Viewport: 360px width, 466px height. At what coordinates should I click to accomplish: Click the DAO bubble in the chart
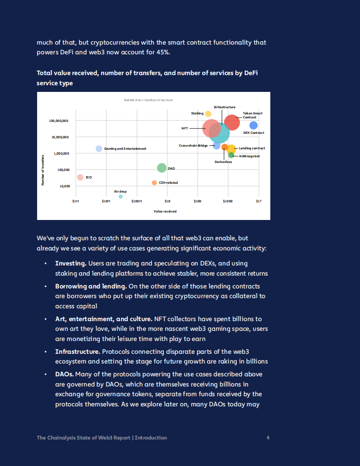pos(162,168)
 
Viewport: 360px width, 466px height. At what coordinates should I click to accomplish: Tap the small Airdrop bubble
pos(121,197)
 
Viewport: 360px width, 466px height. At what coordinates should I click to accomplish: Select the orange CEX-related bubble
pos(154,183)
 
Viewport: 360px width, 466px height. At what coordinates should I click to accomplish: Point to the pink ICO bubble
pos(80,177)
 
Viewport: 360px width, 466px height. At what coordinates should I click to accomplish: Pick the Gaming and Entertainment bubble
pos(99,148)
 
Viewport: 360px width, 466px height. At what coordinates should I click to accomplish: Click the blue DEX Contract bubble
pos(254,125)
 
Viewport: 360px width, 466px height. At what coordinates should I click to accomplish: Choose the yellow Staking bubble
pos(208,114)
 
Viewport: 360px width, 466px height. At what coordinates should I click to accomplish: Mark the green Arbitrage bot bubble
pos(231,155)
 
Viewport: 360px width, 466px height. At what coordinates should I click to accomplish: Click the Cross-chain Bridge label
pos(193,145)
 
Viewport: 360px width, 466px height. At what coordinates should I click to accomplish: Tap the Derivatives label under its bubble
pos(223,162)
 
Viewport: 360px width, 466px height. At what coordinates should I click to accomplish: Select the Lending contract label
pos(252,148)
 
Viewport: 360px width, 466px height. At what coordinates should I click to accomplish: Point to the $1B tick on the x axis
pos(167,201)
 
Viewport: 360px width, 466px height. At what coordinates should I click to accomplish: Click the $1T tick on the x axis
pos(259,201)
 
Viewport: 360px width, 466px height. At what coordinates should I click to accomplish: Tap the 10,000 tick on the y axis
pos(64,186)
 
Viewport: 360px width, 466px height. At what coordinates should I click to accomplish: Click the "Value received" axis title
pos(165,212)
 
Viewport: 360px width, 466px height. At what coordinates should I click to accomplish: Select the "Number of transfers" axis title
pos(43,170)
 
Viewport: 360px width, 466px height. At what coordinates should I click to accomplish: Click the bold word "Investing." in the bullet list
pos(70,263)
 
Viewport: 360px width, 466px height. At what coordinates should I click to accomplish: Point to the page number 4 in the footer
pos(268,438)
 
